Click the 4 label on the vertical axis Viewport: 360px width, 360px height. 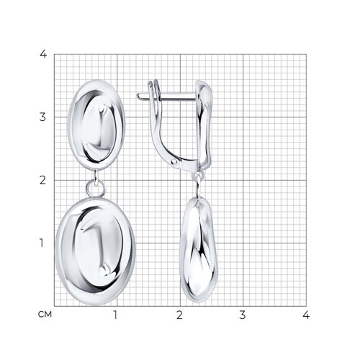43,54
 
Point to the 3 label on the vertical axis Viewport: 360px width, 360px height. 42,117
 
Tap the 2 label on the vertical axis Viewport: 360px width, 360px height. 42,180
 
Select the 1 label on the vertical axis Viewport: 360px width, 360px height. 42,243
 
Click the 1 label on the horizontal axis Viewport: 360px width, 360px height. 115,315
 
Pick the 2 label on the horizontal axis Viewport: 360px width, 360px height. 179,315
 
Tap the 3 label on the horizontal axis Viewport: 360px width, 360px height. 243,315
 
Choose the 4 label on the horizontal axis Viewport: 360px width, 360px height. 306,315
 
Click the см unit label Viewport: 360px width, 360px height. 45,314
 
